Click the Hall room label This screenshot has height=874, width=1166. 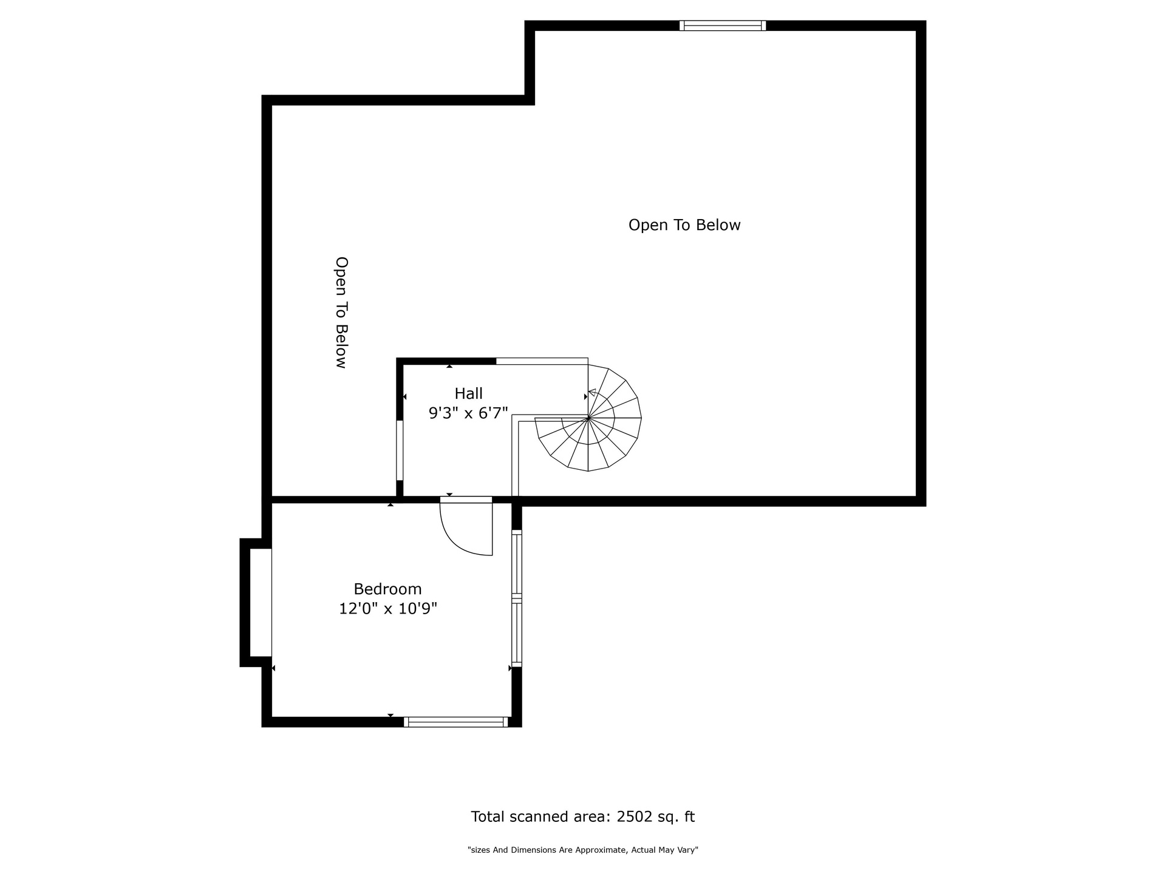(468, 393)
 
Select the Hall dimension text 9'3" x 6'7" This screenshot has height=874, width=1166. (468, 413)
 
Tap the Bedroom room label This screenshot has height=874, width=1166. (387, 589)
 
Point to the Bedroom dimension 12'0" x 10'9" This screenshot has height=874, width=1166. (388, 608)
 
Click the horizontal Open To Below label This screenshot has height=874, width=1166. (684, 225)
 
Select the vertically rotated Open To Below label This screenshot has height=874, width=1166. (342, 312)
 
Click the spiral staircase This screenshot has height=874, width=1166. (588, 418)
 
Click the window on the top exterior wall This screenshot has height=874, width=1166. (723, 25)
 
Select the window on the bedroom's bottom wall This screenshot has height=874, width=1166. (456, 722)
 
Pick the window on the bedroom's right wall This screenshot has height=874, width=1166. (517, 598)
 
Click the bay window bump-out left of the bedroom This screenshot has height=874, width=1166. (256, 602)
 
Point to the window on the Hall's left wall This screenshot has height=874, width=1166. (400, 450)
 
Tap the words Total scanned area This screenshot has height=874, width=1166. (540, 817)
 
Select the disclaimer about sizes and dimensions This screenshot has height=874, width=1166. (583, 850)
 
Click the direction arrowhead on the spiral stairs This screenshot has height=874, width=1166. (592, 393)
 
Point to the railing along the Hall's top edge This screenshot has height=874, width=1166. (542, 361)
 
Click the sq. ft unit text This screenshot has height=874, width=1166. (677, 817)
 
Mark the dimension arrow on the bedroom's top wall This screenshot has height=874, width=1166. (390, 504)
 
